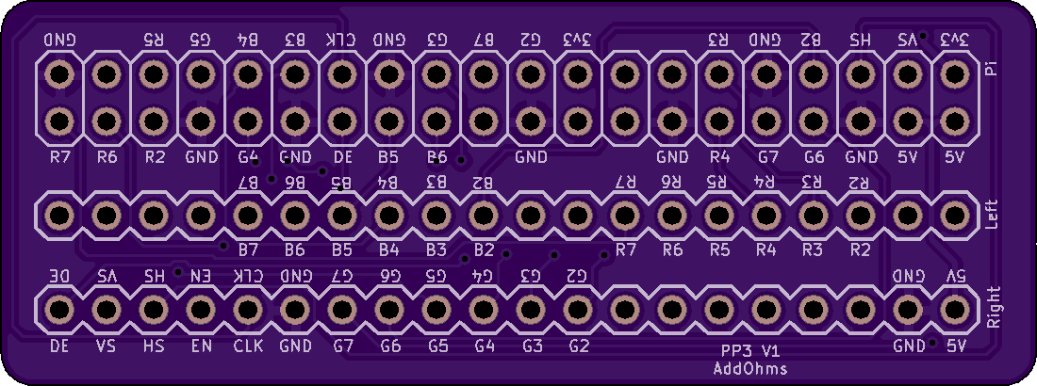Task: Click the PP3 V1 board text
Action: [750, 350]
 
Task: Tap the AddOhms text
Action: [750, 368]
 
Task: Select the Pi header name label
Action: [989, 70]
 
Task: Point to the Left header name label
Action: [989, 216]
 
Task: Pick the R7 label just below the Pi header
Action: [59, 156]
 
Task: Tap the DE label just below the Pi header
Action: [343, 156]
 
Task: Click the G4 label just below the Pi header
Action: [249, 156]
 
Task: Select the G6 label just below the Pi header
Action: [815, 156]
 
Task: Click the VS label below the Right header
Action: [107, 346]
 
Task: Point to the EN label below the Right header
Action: [201, 346]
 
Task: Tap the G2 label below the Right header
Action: [579, 346]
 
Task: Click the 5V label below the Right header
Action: [956, 346]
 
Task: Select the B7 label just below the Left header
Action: [249, 250]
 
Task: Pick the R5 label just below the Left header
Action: [719, 250]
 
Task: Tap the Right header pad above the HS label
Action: [154, 309]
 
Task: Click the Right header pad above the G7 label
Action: [342, 309]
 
